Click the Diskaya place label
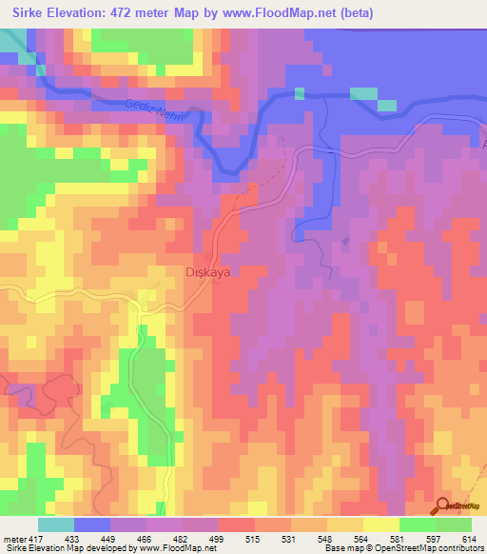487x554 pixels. click(207, 271)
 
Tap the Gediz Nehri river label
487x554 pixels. click(151, 111)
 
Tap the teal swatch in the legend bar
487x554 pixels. click(56, 524)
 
